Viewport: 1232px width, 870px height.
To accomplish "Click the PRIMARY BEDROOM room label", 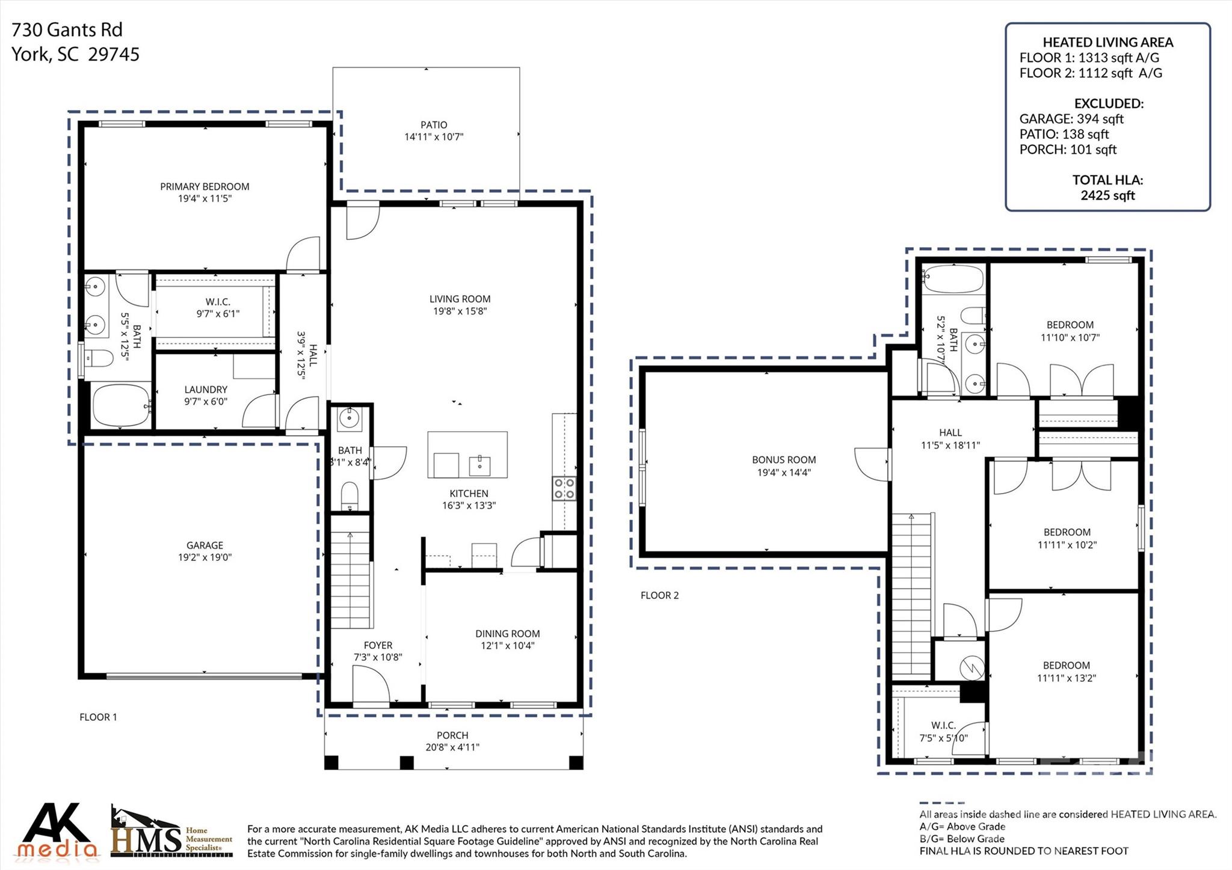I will pyautogui.click(x=205, y=186).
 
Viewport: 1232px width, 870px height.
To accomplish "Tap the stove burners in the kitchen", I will pyautogui.click(x=564, y=488).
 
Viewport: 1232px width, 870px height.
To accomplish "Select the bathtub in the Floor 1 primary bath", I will pyautogui.click(x=122, y=406).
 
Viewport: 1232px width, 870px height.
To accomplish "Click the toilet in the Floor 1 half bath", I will pyautogui.click(x=350, y=495).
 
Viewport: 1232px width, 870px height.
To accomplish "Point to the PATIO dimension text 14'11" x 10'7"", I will pyautogui.click(x=434, y=137).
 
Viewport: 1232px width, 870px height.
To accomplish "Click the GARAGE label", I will pyautogui.click(x=205, y=545).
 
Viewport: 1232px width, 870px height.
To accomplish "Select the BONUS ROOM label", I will pyautogui.click(x=784, y=460).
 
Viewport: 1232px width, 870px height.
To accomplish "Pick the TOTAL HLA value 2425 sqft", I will pyautogui.click(x=1107, y=195).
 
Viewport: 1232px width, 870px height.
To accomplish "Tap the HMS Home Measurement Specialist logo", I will pyautogui.click(x=171, y=833).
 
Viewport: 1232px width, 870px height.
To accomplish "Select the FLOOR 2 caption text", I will pyautogui.click(x=659, y=595).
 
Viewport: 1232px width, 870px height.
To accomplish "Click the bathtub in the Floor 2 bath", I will pyautogui.click(x=953, y=279).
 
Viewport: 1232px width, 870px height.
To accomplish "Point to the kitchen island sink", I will pyautogui.click(x=479, y=464).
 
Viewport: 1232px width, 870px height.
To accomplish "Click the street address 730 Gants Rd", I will pyautogui.click(x=67, y=29).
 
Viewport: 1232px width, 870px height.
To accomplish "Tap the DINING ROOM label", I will pyautogui.click(x=508, y=634).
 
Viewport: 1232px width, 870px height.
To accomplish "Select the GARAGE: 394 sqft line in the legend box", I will pyautogui.click(x=1071, y=119).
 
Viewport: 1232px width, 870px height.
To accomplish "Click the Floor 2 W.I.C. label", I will pyautogui.click(x=943, y=726).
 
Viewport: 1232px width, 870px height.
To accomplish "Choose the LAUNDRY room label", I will pyautogui.click(x=206, y=390).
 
